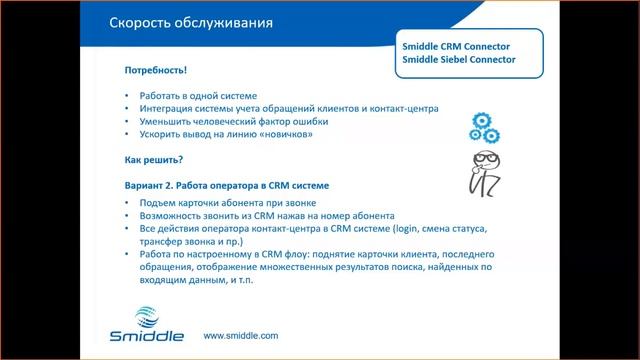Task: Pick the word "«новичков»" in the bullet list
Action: click(299, 135)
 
